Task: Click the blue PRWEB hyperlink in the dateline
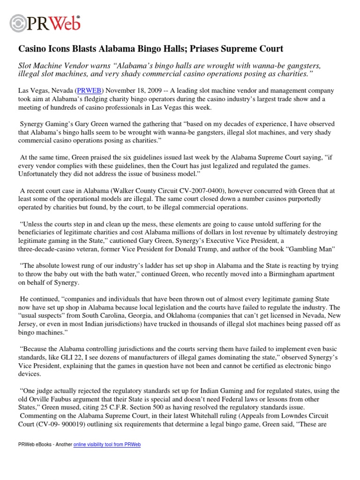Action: (86, 90)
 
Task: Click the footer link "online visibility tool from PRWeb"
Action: (107, 444)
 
